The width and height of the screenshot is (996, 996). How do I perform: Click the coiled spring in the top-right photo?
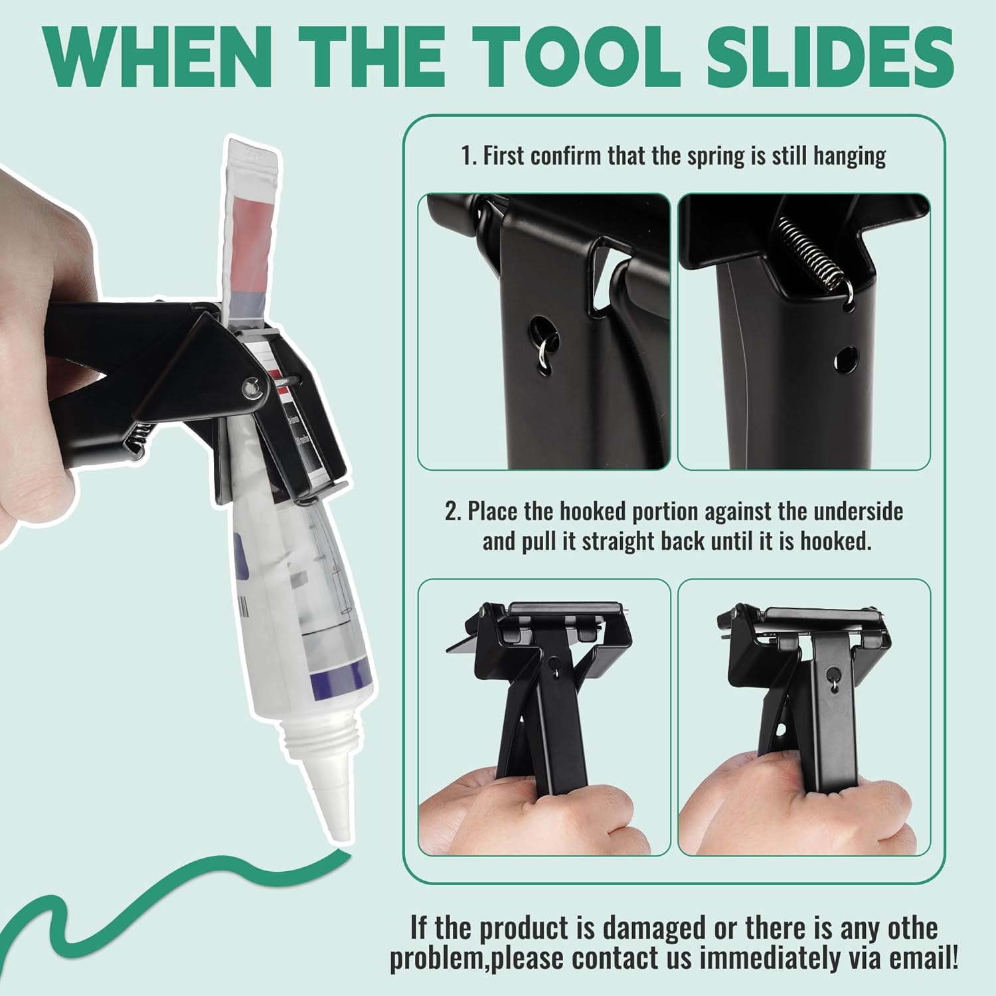[x=810, y=256]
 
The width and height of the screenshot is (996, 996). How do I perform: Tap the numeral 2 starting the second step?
[x=451, y=512]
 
